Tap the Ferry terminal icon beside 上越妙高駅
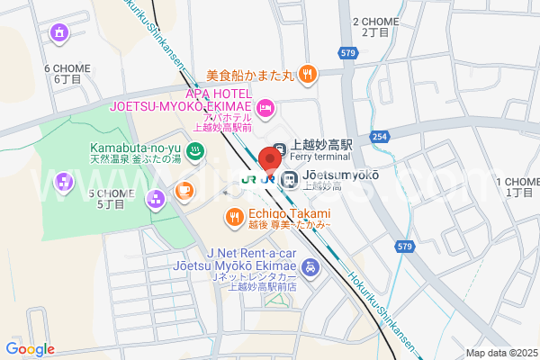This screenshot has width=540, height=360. click(281, 148)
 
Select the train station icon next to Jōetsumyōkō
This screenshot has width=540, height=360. click(290, 178)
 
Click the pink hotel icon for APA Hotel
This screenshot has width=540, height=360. click(265, 109)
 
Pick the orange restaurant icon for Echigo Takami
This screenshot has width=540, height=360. click(233, 217)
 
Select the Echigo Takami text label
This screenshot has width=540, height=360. click(288, 213)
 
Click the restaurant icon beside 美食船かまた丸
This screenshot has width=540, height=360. click(308, 74)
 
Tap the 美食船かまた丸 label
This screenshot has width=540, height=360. click(249, 76)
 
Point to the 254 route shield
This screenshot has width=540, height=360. click(380, 136)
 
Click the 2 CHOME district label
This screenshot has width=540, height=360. click(375, 26)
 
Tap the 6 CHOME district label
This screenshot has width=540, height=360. click(67, 73)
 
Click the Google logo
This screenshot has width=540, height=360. click(30, 349)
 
